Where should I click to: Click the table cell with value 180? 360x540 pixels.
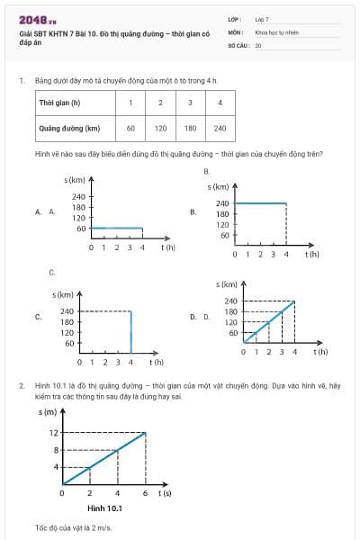pos(189,128)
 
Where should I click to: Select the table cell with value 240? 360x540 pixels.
pos(220,128)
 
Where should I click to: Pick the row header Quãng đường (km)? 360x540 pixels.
pos(67,128)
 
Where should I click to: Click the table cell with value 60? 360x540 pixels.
pos(130,128)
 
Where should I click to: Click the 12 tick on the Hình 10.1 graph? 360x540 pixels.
pos(54,433)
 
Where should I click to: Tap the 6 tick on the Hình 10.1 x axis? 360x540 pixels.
pos(146,493)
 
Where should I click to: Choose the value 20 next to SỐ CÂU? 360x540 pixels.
pos(258,44)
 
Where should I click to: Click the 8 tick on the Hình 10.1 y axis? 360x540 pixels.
pos(55,449)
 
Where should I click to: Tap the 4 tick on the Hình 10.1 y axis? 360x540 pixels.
pos(55,466)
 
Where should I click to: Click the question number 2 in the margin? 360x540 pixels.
pos(21,385)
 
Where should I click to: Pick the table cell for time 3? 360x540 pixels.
pos(189,103)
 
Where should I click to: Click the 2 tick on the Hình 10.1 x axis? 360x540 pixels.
pos(90,493)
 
